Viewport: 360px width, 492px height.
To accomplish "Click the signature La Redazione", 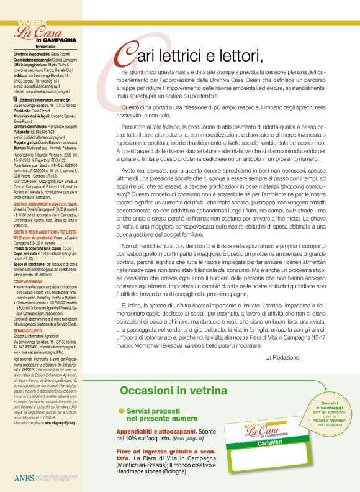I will click(x=282, y=358).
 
